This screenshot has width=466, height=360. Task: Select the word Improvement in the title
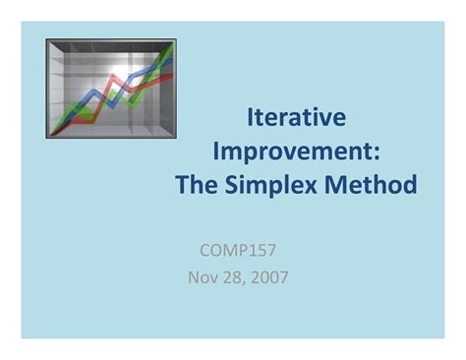[290, 151]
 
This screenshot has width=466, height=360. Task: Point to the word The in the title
[197, 184]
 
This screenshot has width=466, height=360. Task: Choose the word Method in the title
[373, 184]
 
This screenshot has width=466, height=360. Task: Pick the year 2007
[269, 276]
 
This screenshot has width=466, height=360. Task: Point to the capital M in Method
[339, 184]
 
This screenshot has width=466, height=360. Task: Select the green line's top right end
[174, 44]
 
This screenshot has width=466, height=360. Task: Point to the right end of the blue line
[174, 61]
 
